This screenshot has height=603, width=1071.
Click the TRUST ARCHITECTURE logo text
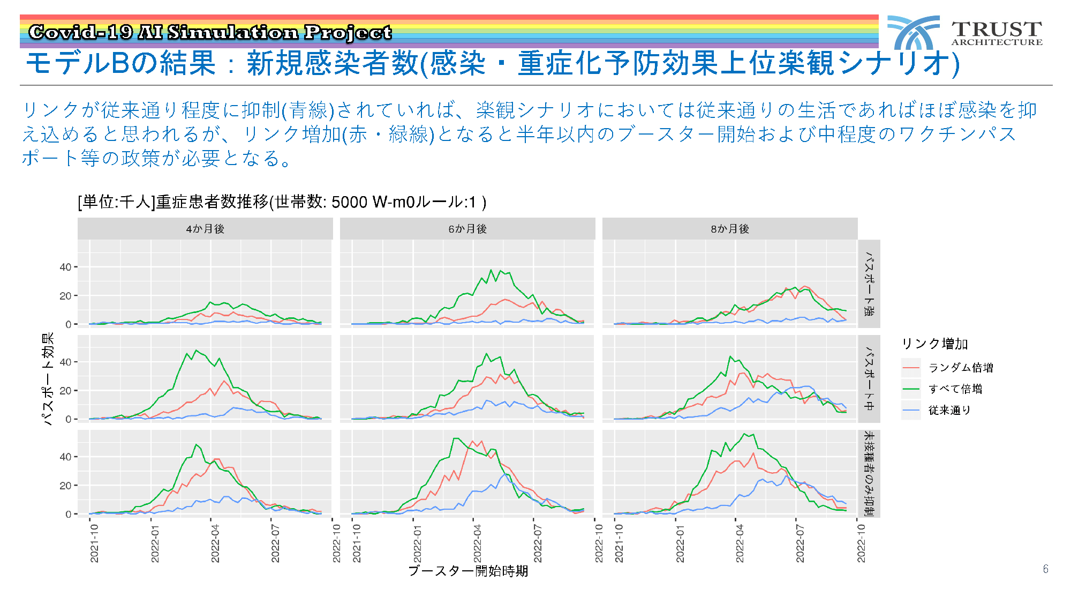[x=997, y=33]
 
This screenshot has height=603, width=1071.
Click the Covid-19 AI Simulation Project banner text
[x=210, y=32]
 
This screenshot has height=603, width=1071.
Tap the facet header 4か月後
[x=205, y=229]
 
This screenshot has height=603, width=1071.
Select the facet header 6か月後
[x=467, y=229]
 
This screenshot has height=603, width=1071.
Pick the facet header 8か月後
[x=730, y=229]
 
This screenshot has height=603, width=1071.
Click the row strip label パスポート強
[x=869, y=284]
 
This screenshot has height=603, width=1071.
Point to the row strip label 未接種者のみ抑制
[x=869, y=474]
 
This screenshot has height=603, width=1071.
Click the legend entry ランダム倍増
[x=961, y=368]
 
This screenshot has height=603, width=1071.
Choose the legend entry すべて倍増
[x=955, y=389]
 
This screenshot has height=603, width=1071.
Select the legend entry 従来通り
[x=949, y=410]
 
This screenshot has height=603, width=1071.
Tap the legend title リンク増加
[x=935, y=344]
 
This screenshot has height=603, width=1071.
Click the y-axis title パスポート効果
[x=48, y=378]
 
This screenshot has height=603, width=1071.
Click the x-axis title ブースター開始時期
[x=468, y=571]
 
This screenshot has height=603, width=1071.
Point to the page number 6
[x=1046, y=569]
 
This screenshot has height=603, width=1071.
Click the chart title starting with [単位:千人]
[x=282, y=202]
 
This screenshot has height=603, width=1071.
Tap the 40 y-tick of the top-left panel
[x=65, y=267]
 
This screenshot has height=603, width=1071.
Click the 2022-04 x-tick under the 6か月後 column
[x=478, y=543]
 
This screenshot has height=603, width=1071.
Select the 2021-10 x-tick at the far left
[x=94, y=543]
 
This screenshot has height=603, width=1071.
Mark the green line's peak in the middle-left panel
[x=196, y=350]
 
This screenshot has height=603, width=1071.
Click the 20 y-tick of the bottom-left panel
[x=65, y=486]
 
